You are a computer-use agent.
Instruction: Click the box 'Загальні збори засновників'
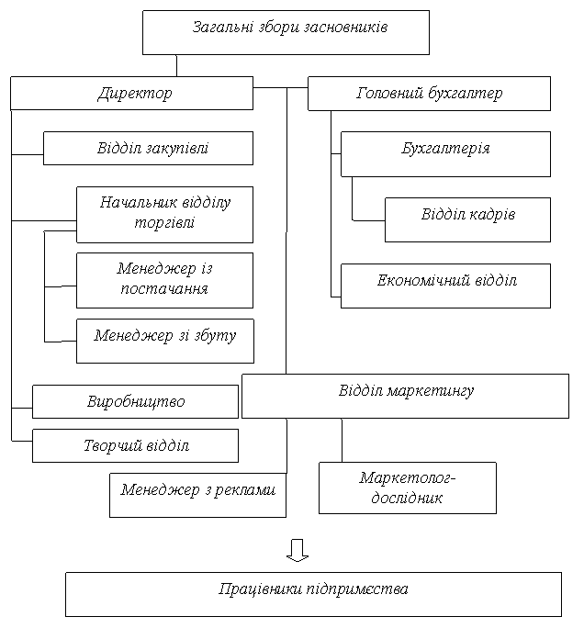coord(286,32)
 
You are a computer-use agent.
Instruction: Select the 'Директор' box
coord(132,94)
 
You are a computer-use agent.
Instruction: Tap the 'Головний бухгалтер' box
coord(429,94)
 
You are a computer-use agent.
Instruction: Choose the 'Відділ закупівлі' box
coord(148,148)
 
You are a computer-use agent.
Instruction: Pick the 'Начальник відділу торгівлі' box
coord(164,215)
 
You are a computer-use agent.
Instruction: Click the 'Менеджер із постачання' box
coord(164,280)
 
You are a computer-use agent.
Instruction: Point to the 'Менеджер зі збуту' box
coord(165,342)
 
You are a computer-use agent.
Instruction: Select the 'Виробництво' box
coord(135,402)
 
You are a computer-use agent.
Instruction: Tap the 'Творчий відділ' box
coord(135,446)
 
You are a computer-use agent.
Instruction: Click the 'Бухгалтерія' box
coord(446,154)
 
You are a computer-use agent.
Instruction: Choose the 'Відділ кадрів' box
coord(467,219)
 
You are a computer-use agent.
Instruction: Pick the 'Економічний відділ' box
coord(446,286)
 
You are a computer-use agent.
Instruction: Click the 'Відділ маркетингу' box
coord(405,396)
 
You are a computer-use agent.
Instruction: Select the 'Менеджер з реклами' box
coord(197,496)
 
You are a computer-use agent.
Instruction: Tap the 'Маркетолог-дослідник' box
coord(408,488)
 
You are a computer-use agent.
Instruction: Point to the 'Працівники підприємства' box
coord(314,594)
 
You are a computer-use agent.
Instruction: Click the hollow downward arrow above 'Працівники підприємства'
coord(298,550)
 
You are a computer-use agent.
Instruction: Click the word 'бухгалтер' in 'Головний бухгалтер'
coord(466,94)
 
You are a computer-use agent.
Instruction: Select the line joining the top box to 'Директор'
coord(176,66)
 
